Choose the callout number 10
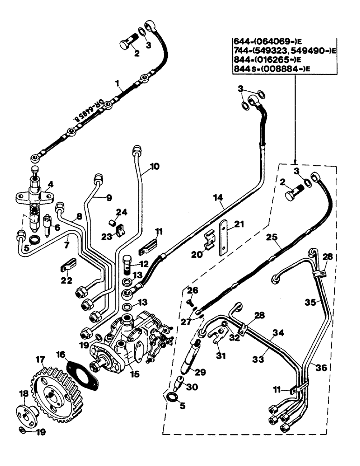pos(155,165)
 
